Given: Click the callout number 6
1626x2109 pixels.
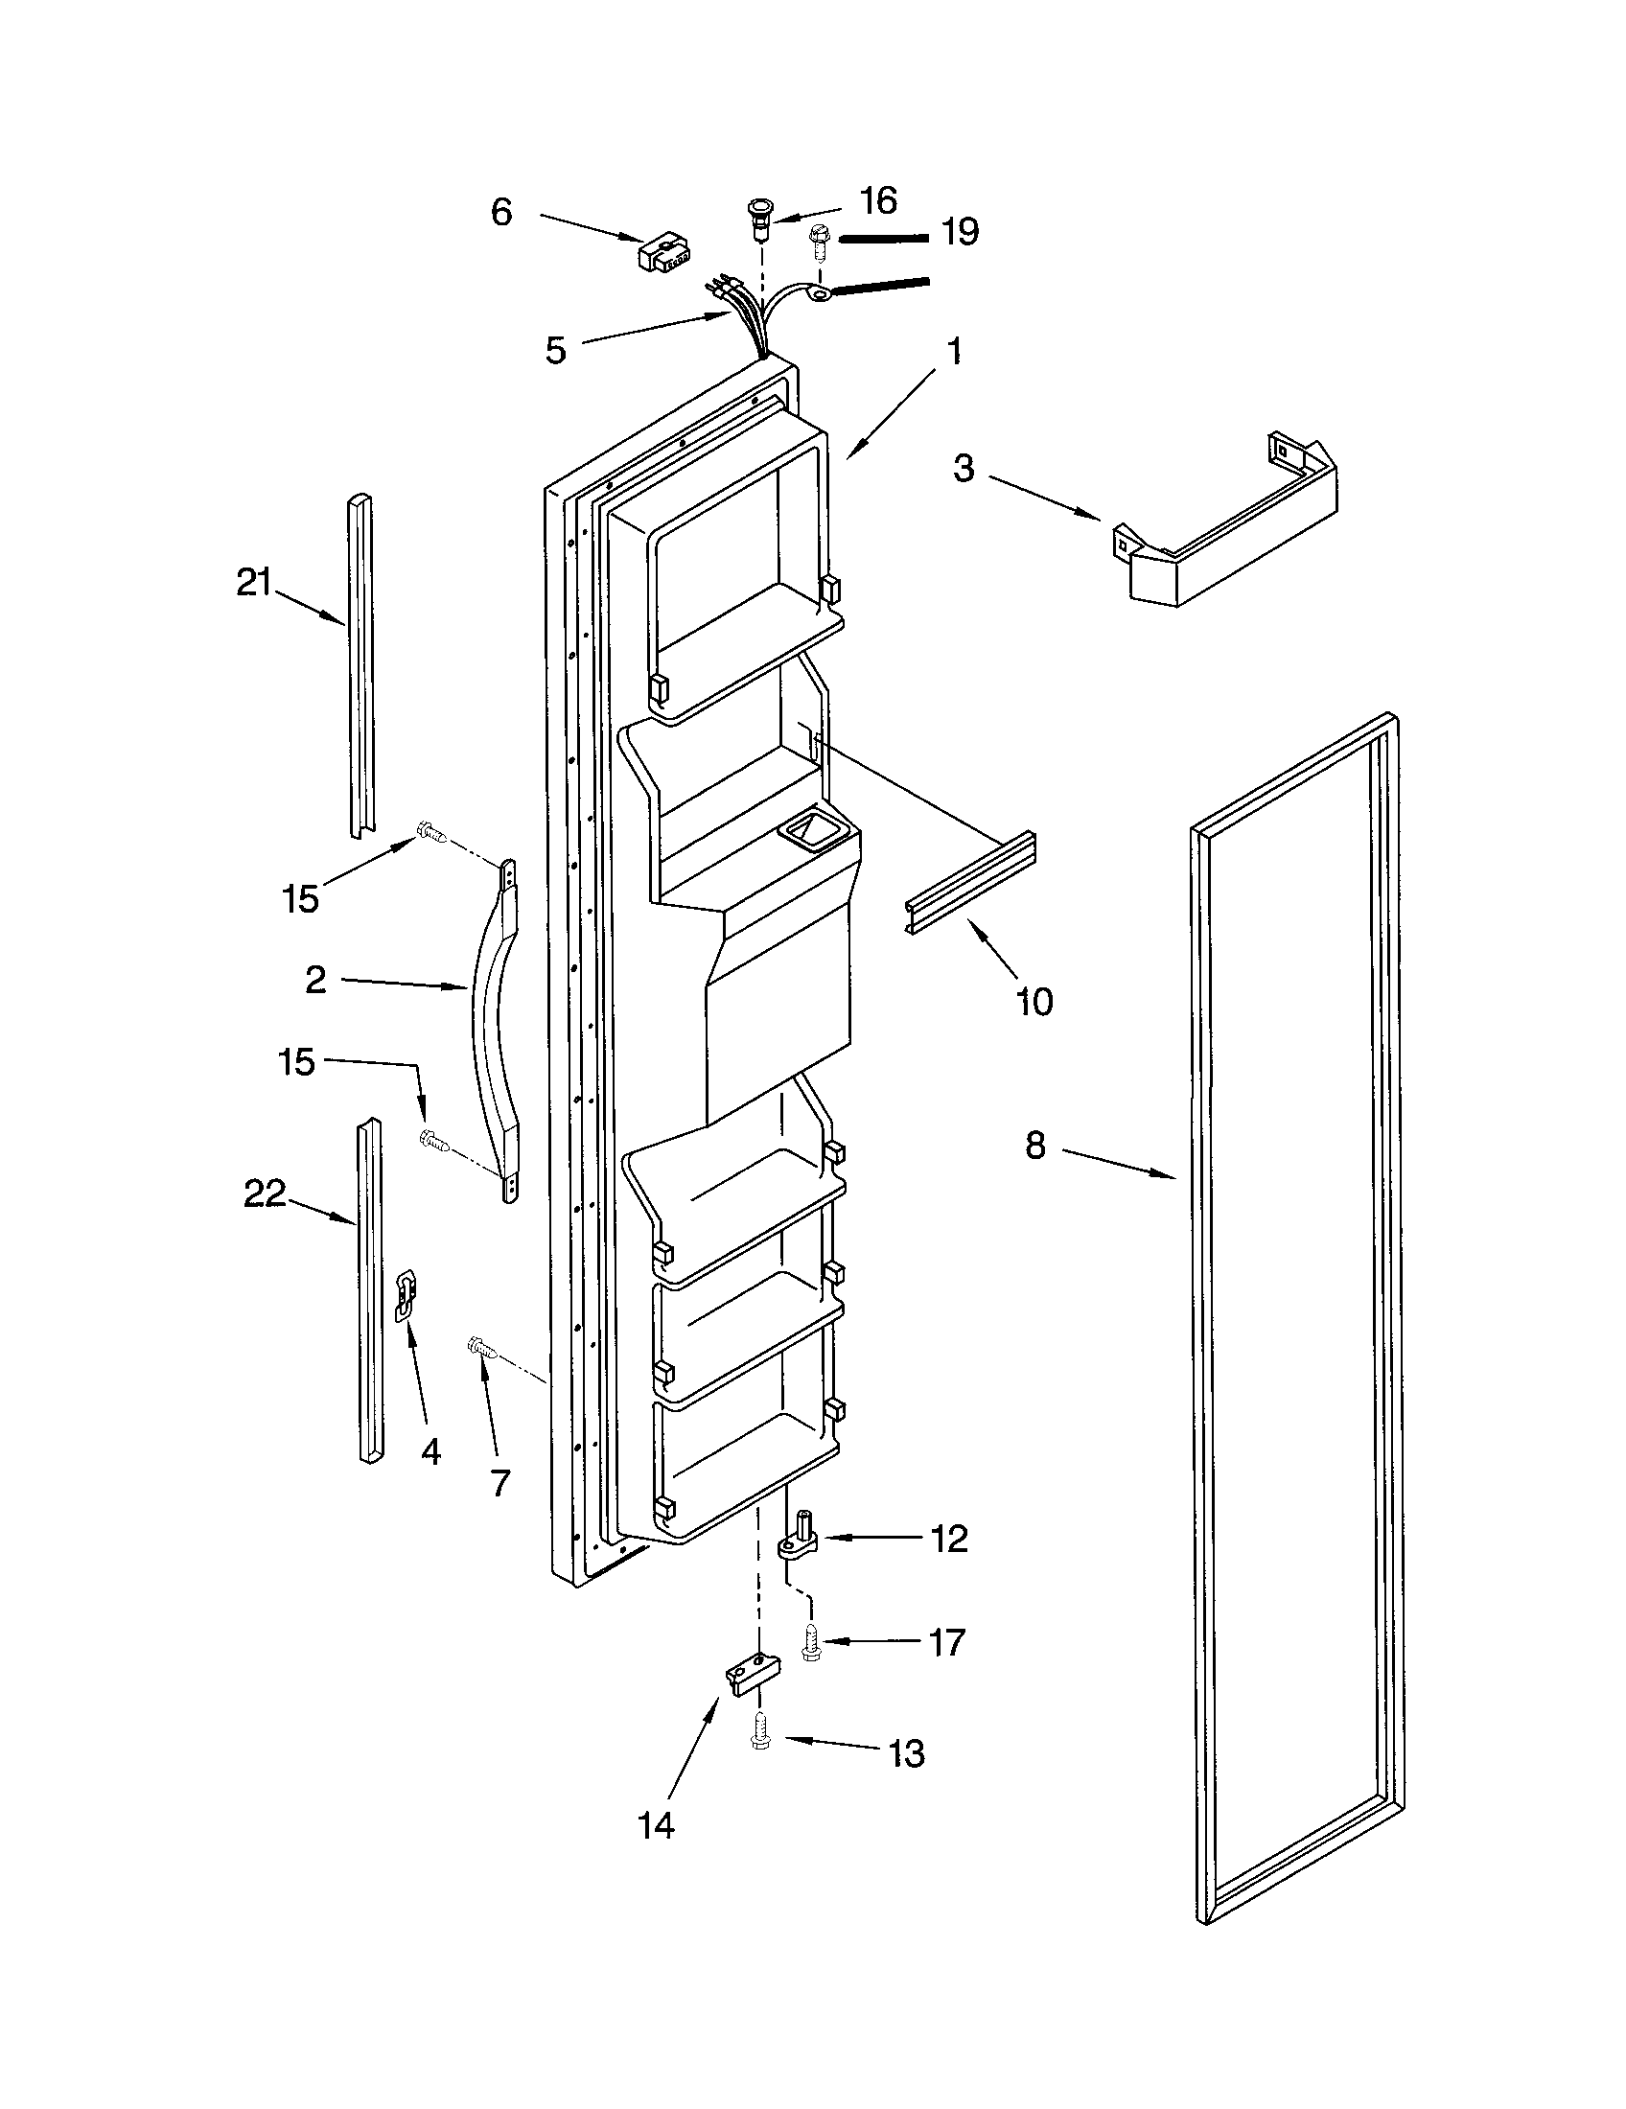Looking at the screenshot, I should (501, 212).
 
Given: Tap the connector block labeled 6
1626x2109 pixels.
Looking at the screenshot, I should (663, 253).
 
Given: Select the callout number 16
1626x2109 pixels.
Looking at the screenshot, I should (877, 200).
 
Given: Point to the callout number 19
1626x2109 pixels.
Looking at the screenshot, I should (960, 232).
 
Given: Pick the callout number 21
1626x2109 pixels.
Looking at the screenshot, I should (254, 582).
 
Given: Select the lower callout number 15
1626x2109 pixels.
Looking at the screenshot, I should (297, 1062).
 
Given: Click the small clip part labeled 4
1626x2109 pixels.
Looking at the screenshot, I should (407, 1296).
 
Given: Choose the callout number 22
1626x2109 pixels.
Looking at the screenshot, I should (264, 1194).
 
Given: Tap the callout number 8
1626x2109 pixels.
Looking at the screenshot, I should (1035, 1146).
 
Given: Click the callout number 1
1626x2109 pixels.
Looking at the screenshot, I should (954, 353).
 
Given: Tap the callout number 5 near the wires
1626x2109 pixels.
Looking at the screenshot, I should (555, 350).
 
